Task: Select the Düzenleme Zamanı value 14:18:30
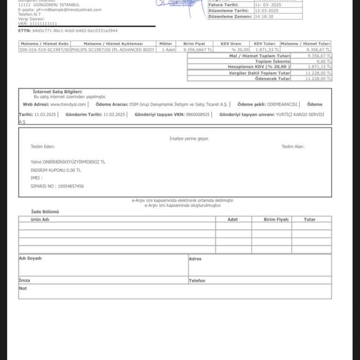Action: click(x=264, y=16)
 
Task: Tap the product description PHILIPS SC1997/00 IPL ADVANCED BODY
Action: click(x=113, y=49)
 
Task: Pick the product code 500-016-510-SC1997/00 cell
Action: click(x=45, y=49)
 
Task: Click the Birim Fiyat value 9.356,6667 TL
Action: click(x=198, y=49)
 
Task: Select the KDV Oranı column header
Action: click(x=231, y=44)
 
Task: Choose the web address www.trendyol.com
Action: click(x=68, y=104)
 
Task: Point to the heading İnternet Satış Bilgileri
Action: click(x=58, y=91)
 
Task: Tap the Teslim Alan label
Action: click(x=293, y=147)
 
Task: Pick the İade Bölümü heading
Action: click(x=45, y=212)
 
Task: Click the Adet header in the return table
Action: click(x=232, y=219)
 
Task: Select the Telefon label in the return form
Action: click(x=197, y=281)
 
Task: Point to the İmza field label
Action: click(x=24, y=280)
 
